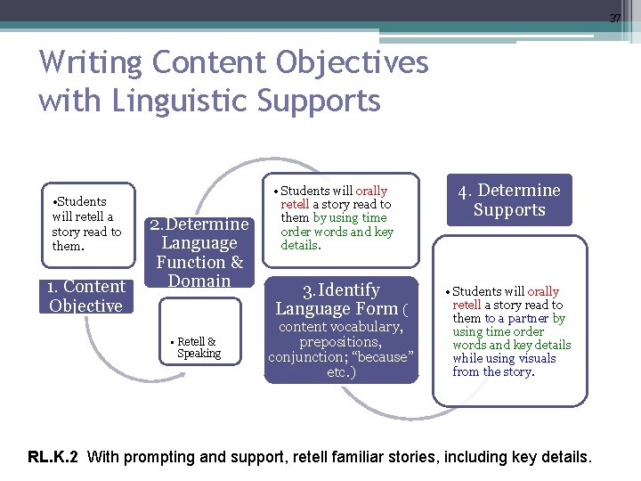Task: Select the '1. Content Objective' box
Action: click(86, 296)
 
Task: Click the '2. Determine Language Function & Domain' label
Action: click(199, 252)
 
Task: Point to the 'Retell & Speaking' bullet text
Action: click(198, 347)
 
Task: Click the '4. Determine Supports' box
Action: click(508, 200)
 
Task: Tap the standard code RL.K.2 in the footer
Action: click(53, 458)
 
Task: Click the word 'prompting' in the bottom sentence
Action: click(160, 458)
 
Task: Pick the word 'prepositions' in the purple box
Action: click(341, 342)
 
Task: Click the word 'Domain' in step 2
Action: click(199, 281)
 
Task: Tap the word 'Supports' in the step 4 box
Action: click(508, 210)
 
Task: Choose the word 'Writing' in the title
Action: click(91, 63)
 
